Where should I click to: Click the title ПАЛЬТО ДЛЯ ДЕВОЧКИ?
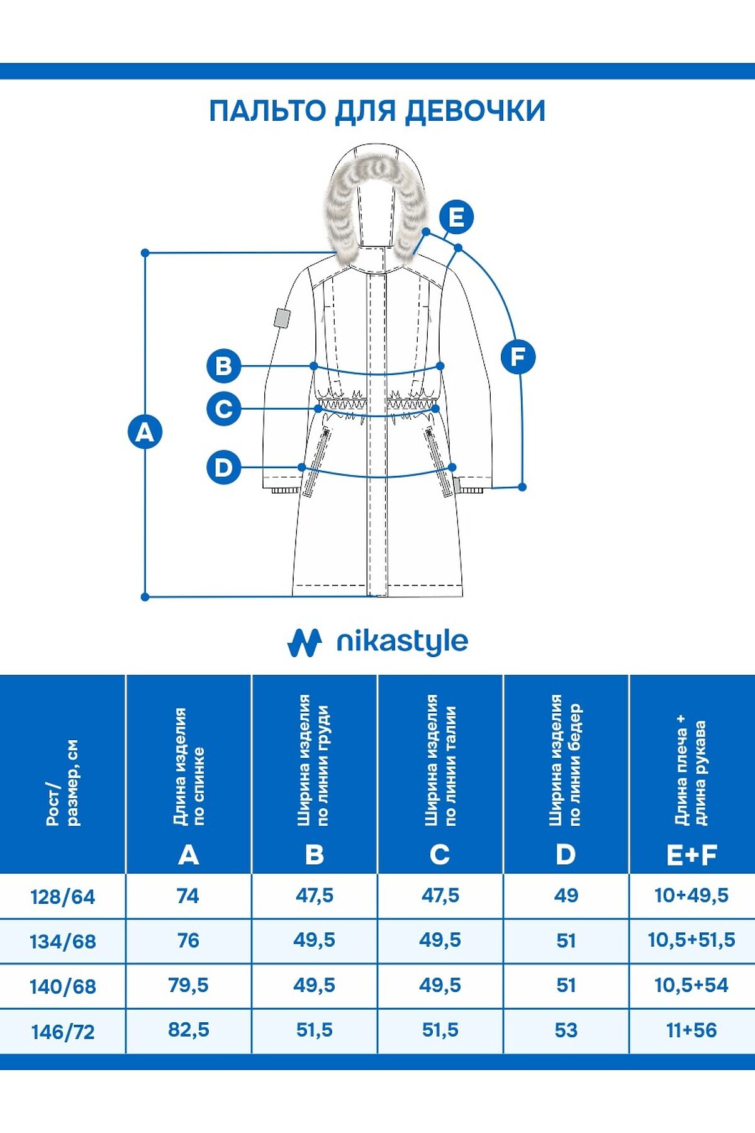tap(377, 111)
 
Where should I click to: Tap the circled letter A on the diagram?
tap(145, 432)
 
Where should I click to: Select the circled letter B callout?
tap(223, 366)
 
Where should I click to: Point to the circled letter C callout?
tap(223, 409)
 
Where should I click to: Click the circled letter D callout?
tap(223, 468)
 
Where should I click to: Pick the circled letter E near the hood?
tap(456, 217)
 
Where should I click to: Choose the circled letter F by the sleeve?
tap(518, 357)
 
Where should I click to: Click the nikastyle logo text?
tap(402, 642)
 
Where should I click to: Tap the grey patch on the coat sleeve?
tap(281, 318)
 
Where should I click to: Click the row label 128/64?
tap(62, 896)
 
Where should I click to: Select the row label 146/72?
tap(62, 1032)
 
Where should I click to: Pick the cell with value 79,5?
tap(188, 985)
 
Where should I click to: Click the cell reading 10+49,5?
tap(691, 895)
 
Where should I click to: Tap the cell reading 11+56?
tap(691, 1030)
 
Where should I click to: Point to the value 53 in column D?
tap(566, 1030)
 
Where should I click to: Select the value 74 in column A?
tap(188, 895)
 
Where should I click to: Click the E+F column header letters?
tap(691, 855)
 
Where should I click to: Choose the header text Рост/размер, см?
tap(63, 782)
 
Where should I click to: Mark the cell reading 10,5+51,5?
tap(691, 940)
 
